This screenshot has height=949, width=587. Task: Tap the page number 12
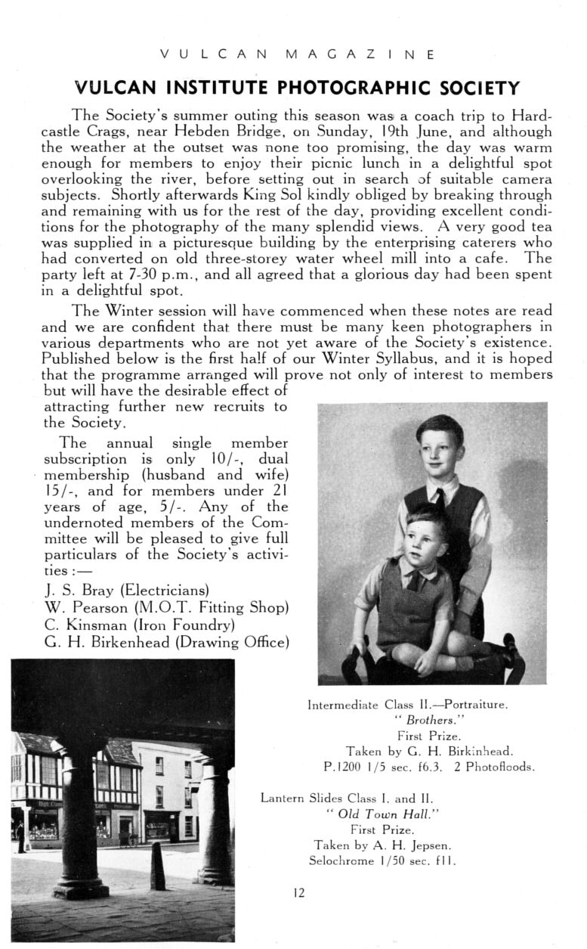tap(298, 893)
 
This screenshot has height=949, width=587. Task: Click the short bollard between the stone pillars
tap(158, 864)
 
